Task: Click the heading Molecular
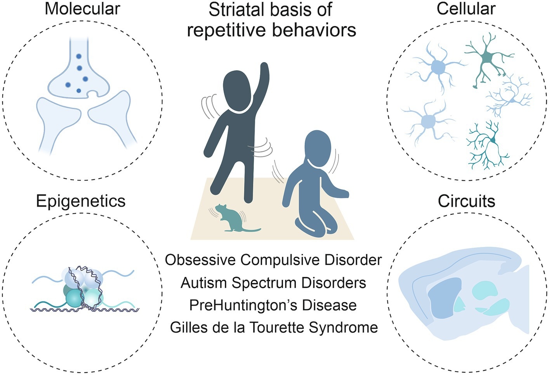pos(82,9)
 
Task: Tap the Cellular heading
pos(466,9)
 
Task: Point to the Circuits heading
pos(466,201)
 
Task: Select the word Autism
pos(204,283)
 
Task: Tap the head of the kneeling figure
pos(318,147)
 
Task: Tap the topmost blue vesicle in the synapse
pos(79,56)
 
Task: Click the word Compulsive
pos(280,260)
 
